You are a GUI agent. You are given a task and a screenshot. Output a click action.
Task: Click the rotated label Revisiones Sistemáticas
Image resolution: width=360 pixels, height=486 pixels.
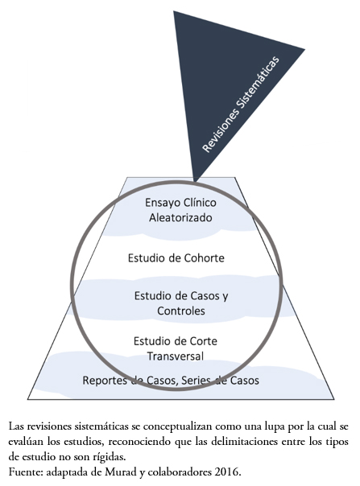[x=241, y=104]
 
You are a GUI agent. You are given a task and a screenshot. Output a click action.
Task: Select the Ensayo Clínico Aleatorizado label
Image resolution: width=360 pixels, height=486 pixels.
[x=180, y=210]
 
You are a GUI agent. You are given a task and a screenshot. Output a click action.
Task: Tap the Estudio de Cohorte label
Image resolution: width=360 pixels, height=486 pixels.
[x=176, y=257]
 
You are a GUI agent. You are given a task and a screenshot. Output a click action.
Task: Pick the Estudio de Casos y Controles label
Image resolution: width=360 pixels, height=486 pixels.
[x=181, y=303]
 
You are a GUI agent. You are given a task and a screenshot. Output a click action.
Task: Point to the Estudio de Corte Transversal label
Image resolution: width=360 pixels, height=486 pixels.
[x=176, y=348]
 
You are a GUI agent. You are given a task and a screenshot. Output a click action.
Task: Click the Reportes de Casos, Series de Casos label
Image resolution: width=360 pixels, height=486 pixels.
[x=171, y=381]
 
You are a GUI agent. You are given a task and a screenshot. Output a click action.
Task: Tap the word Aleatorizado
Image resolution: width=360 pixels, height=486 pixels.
[x=180, y=217]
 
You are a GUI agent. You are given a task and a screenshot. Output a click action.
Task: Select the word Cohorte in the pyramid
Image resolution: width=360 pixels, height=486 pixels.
[x=205, y=257]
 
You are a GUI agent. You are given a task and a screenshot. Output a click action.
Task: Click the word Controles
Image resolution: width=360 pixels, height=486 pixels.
[x=181, y=311]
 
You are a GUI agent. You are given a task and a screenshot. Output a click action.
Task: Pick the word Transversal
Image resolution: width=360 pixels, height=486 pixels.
[x=176, y=356]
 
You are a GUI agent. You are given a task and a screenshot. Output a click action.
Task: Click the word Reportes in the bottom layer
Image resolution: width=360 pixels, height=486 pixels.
[x=105, y=381]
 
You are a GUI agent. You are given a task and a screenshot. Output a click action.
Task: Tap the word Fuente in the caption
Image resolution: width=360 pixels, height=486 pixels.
[x=26, y=472]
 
